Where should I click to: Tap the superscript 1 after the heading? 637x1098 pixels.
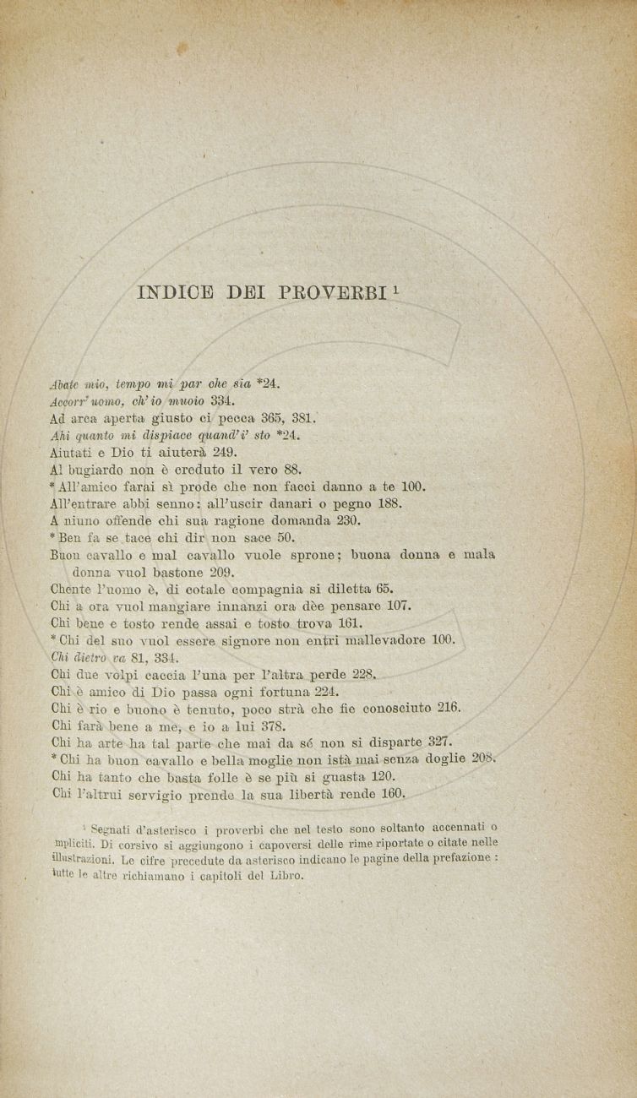coord(396,289)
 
